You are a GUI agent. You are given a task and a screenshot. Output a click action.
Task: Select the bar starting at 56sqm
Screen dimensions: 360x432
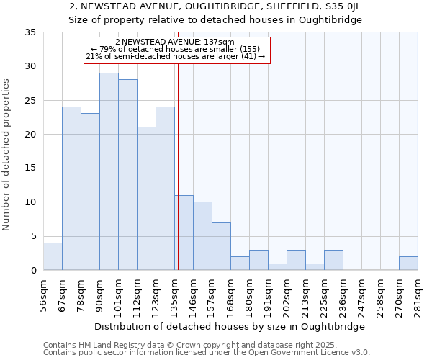[x=53, y=256]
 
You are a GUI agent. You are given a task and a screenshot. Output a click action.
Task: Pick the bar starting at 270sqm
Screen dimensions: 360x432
[x=408, y=263]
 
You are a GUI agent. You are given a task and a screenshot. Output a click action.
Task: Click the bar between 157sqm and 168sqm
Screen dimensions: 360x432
[x=221, y=246]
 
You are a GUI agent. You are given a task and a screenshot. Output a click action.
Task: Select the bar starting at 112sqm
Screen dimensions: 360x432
[x=146, y=199]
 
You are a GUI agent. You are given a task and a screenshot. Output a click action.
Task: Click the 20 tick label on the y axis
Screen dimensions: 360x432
[x=31, y=135]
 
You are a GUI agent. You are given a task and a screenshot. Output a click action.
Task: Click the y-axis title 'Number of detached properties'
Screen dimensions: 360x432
[x=7, y=155]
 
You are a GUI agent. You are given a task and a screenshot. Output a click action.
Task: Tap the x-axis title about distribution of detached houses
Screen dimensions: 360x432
[x=230, y=326]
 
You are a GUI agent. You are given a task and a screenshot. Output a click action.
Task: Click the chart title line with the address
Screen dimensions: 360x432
[x=215, y=6]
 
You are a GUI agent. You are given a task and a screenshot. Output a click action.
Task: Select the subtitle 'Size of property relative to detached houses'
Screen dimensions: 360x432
[x=215, y=19]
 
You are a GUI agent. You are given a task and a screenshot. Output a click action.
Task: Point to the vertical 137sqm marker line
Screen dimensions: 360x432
[x=178, y=158]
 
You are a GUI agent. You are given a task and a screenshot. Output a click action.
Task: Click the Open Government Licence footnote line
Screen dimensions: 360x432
[x=207, y=353]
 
